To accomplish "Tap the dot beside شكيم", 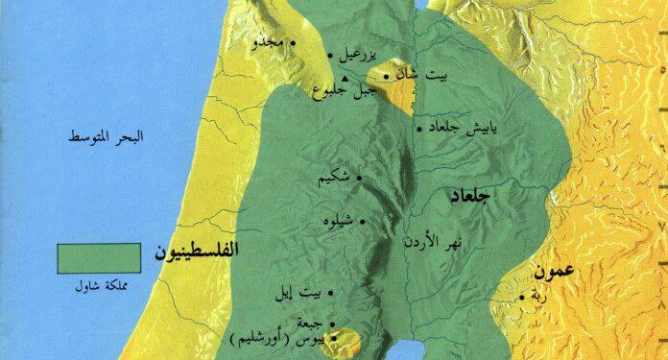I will click(360, 178).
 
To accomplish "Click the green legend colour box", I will click(98, 257).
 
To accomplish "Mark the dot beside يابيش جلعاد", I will click(418, 127).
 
